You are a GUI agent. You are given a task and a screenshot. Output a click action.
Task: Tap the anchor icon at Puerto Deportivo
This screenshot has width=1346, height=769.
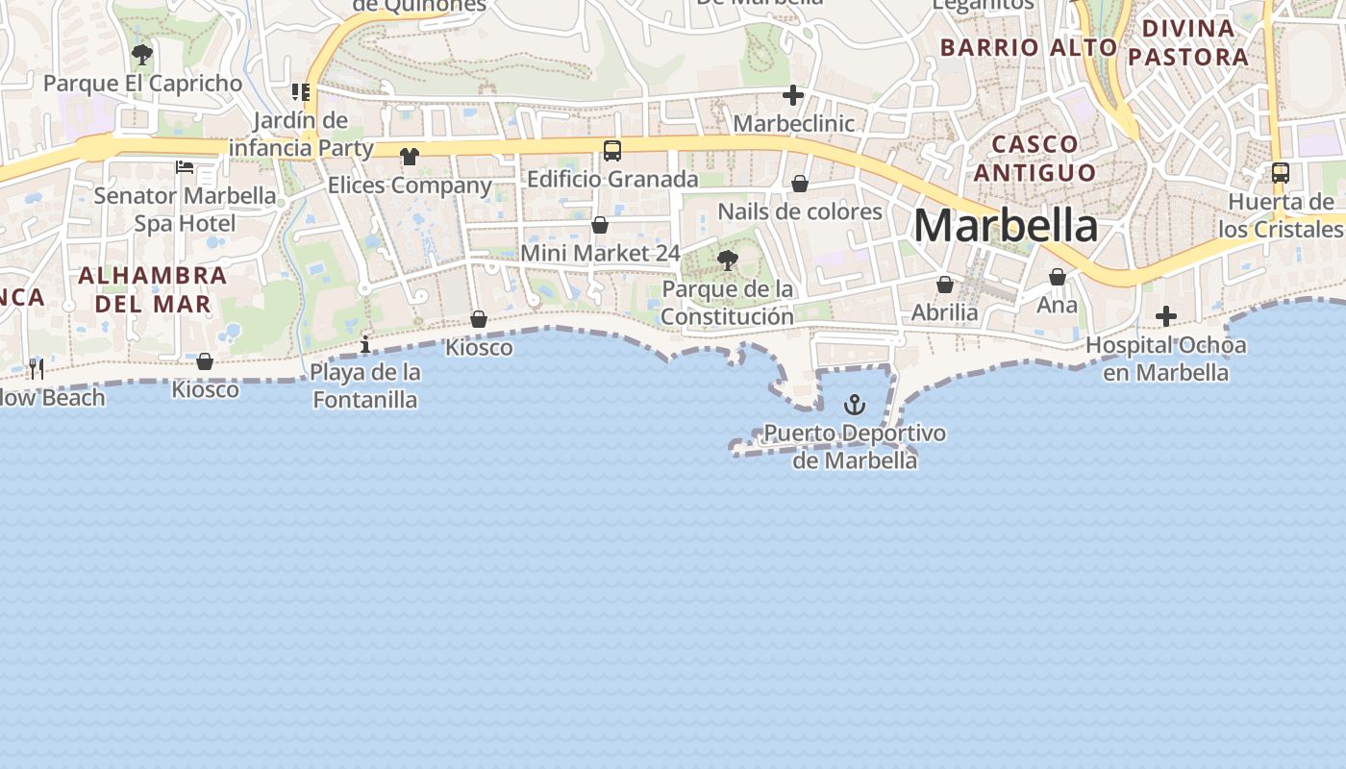pyautogui.click(x=854, y=405)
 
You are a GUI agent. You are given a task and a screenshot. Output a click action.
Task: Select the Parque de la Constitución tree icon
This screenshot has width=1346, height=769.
pyautogui.click(x=728, y=260)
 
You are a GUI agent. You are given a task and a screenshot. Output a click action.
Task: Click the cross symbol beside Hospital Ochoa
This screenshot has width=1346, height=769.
pyautogui.click(x=1166, y=315)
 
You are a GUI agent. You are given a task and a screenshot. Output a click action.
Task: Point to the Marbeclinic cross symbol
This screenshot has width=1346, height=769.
pyautogui.click(x=793, y=95)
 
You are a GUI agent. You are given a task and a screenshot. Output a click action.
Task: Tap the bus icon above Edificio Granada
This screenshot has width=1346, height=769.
pyautogui.click(x=612, y=150)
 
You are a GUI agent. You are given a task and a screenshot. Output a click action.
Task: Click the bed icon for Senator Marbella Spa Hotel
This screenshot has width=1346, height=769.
pyautogui.click(x=185, y=167)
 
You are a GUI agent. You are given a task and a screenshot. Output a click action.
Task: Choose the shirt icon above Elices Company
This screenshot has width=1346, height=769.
pyautogui.click(x=411, y=156)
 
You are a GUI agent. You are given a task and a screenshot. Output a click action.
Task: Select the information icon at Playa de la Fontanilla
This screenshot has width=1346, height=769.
pyautogui.click(x=365, y=344)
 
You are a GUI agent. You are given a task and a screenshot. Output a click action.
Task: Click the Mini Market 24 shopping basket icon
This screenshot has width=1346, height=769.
pyautogui.click(x=600, y=225)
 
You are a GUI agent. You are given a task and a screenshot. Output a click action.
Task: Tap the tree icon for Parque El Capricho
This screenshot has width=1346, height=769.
pyautogui.click(x=142, y=55)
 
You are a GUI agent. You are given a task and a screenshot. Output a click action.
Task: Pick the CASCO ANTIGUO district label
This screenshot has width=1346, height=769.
pyautogui.click(x=1034, y=159)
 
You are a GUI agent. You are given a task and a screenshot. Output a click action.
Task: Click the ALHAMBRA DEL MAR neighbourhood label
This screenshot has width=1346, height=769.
pyautogui.click(x=152, y=289)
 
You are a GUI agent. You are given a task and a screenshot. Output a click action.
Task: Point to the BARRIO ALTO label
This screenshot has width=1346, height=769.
pyautogui.click(x=1029, y=47)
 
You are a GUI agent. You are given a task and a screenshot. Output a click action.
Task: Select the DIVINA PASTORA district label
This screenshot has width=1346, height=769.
pyautogui.click(x=1188, y=42)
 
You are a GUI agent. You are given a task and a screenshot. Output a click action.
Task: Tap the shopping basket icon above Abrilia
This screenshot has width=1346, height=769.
pyautogui.click(x=945, y=285)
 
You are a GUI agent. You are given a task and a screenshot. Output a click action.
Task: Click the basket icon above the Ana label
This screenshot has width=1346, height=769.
pyautogui.click(x=1058, y=277)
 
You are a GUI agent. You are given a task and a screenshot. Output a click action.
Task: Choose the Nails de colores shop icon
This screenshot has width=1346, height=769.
pyautogui.click(x=800, y=184)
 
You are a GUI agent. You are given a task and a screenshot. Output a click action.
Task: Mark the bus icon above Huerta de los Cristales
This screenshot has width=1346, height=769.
pyautogui.click(x=1281, y=173)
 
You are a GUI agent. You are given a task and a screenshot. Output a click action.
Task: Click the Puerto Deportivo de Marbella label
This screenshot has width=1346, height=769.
pyautogui.click(x=855, y=447)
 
